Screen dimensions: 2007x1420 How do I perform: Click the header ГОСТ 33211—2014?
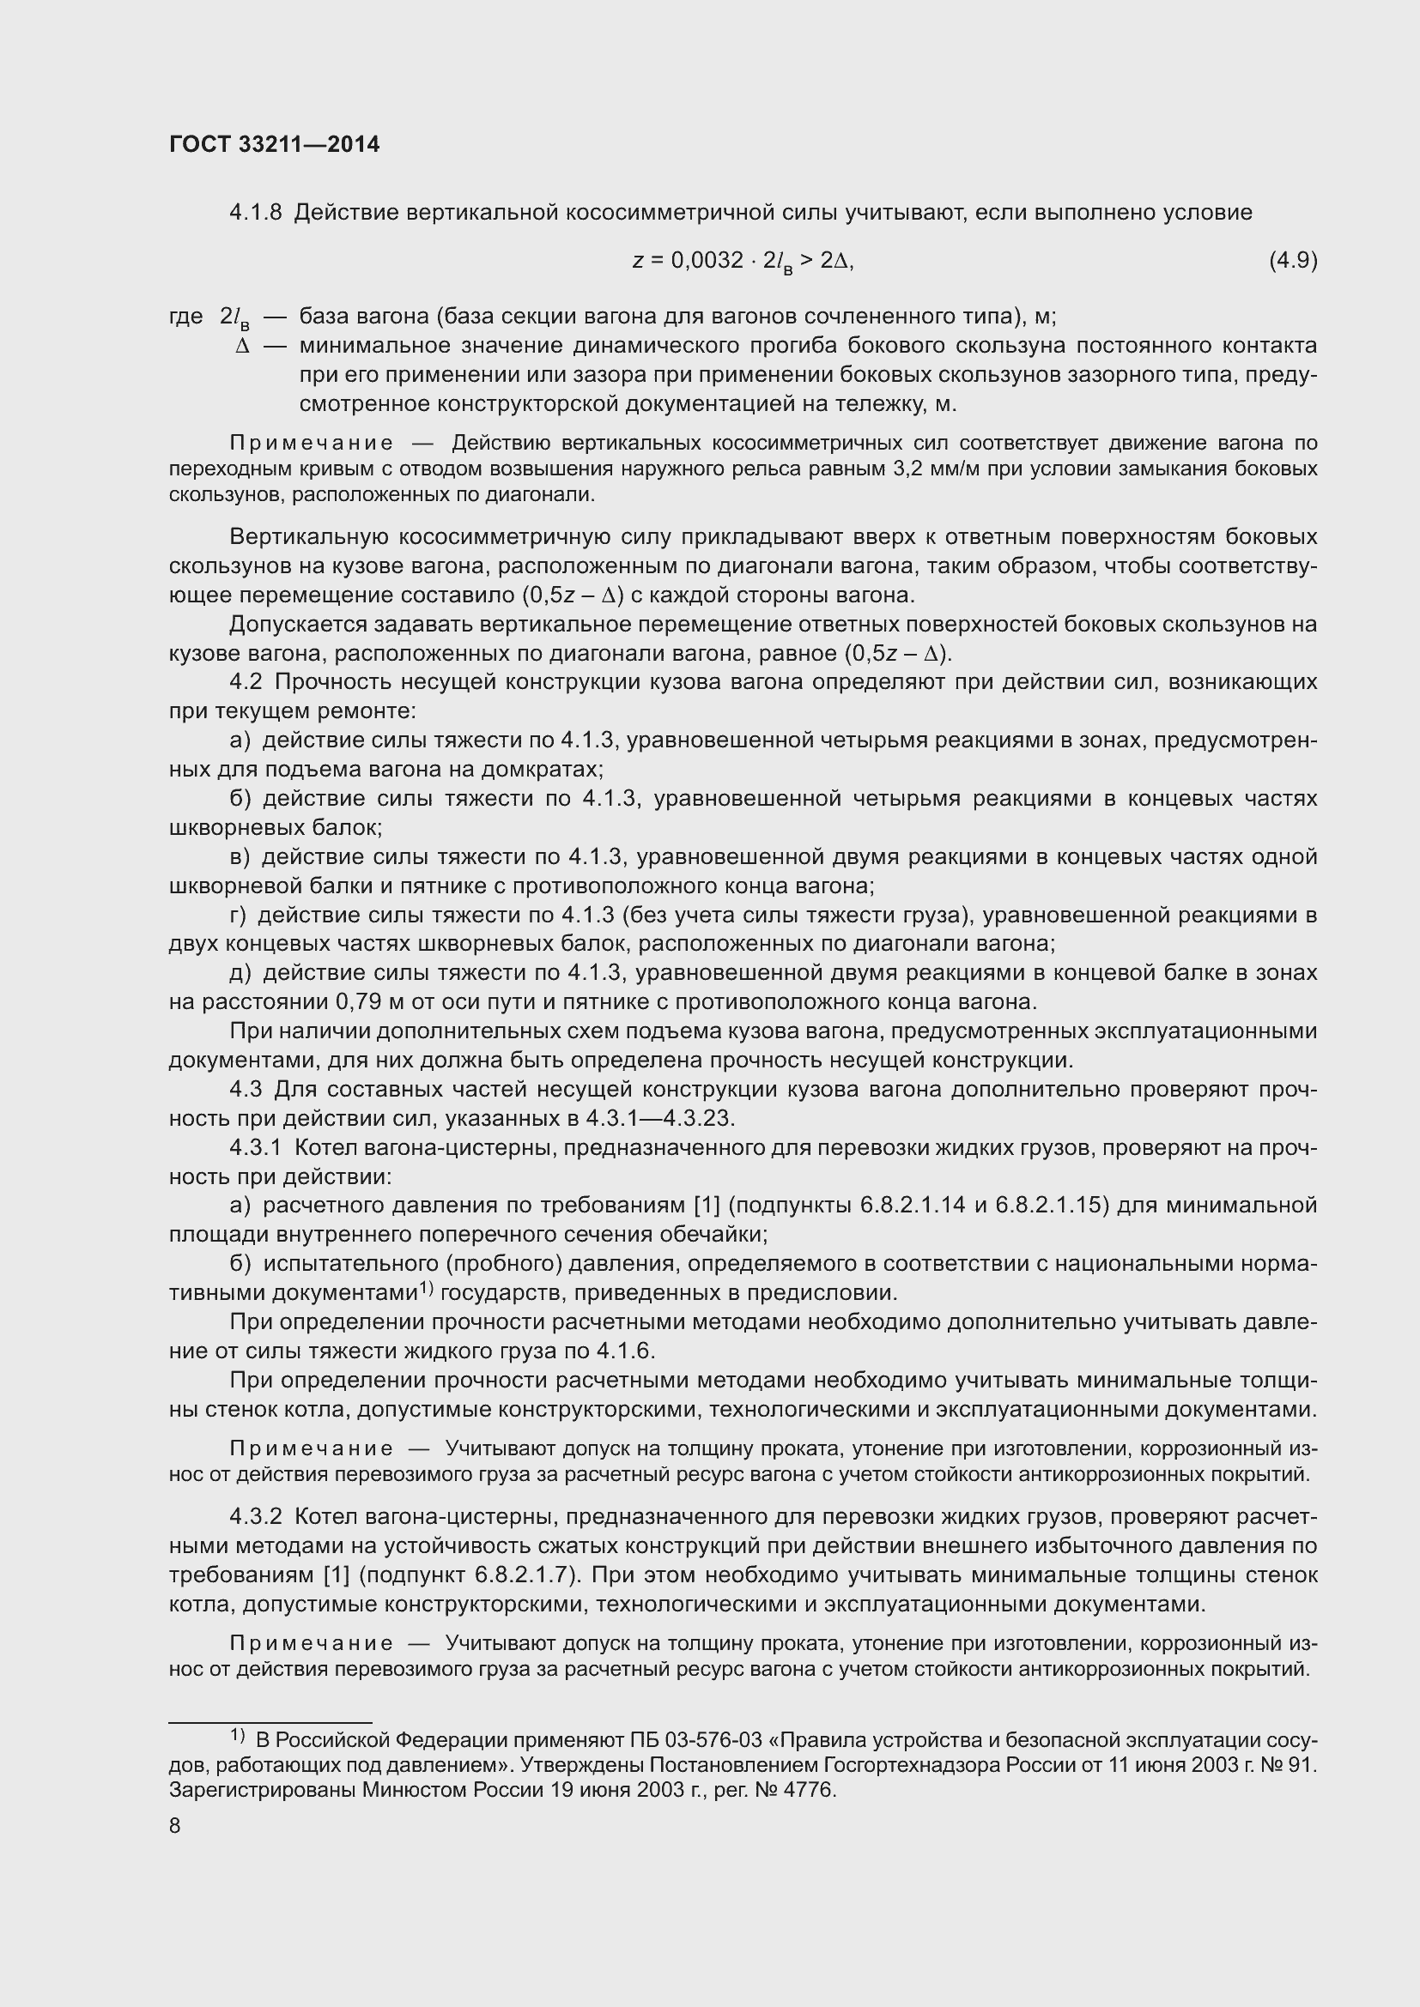point(274,145)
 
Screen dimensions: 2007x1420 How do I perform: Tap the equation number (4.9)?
point(1292,261)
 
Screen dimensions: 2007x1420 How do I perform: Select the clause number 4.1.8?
point(255,213)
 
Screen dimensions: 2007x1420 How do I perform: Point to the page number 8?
point(175,1826)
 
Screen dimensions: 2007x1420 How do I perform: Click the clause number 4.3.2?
point(255,1515)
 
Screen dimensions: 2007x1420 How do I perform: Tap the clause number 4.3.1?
point(255,1147)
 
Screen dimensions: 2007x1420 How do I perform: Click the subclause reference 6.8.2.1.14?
point(912,1206)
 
